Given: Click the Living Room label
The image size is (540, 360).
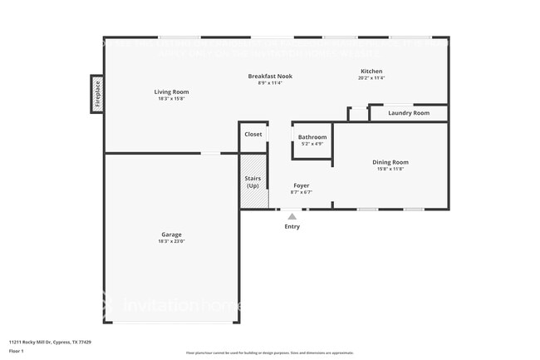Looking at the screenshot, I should (171, 91).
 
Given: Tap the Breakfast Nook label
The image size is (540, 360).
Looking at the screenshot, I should (270, 76).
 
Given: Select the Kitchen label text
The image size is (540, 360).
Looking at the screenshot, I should (371, 71).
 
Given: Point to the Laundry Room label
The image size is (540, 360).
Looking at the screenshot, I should (409, 112).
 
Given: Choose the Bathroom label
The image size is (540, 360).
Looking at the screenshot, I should (312, 137).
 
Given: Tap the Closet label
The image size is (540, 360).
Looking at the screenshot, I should (253, 134).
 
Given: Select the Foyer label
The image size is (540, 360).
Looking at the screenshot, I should (301, 185).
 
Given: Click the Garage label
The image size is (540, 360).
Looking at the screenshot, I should (171, 234).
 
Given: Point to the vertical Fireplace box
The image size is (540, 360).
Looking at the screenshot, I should (96, 93).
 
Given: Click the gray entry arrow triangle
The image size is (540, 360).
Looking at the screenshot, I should (292, 216).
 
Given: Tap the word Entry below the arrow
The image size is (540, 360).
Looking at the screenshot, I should (292, 226).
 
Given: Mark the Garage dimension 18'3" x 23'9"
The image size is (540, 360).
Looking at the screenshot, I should (171, 242).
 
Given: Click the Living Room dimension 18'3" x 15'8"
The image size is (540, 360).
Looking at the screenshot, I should (171, 99).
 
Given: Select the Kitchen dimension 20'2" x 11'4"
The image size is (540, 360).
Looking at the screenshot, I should (371, 78).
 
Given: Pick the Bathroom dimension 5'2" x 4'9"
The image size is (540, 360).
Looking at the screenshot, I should (312, 144).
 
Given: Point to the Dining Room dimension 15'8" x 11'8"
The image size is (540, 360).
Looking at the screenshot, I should (390, 169).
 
